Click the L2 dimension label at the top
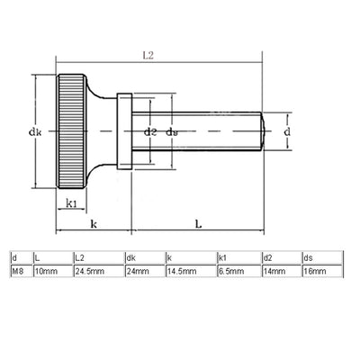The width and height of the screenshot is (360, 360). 147,55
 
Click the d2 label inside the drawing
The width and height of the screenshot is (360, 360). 150,132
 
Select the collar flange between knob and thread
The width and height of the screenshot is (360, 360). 126,132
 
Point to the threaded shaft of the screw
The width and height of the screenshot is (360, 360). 216,132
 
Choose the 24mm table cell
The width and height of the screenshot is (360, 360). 136,269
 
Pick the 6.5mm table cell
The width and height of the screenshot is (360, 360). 229,269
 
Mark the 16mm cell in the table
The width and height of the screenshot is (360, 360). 314,269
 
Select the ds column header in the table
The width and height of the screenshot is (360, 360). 309,257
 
